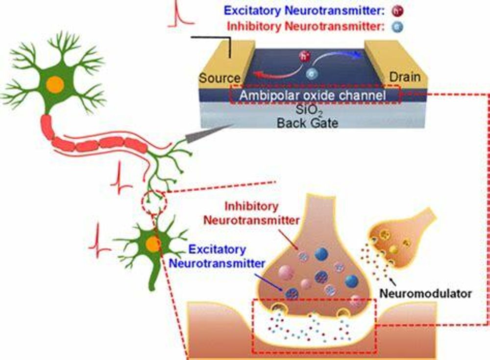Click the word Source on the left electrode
219,78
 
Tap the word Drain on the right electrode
404,77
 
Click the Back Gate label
307,123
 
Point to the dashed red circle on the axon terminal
154,201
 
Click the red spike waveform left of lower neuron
99,240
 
